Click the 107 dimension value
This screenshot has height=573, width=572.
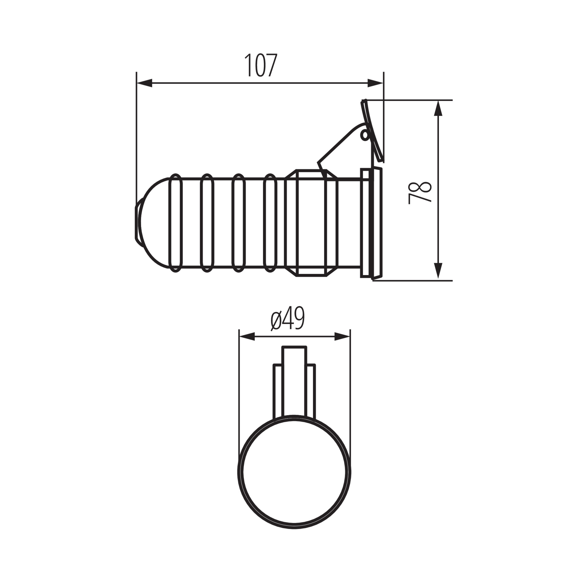pos(260,65)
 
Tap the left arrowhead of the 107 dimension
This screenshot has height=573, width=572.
pos(144,83)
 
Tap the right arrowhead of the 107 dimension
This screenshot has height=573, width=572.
pos(376,83)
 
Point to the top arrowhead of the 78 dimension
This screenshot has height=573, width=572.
pos(438,108)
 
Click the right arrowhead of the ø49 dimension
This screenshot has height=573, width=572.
pos(342,337)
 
